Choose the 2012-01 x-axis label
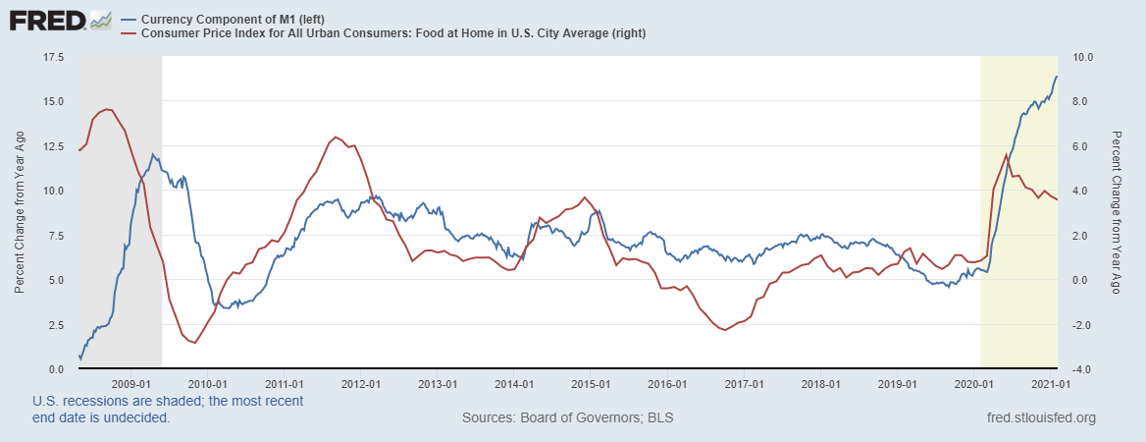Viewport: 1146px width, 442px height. pos(361,383)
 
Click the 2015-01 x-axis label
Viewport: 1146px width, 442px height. pos(592,383)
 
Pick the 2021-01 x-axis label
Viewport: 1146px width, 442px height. pos(1051,383)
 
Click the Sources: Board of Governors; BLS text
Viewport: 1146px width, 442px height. pos(567,418)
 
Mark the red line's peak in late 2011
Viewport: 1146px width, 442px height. pos(336,138)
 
